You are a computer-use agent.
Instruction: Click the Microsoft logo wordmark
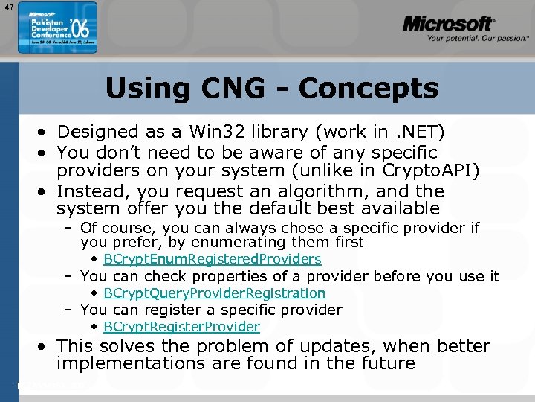click(x=448, y=24)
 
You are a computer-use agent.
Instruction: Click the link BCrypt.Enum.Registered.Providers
click(x=212, y=259)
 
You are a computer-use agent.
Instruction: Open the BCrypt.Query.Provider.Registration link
click(x=214, y=293)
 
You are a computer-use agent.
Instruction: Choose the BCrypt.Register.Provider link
click(x=181, y=327)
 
